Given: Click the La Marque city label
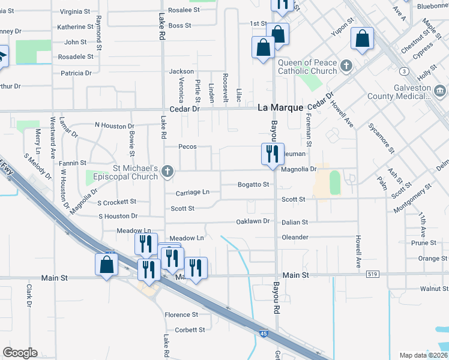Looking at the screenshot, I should [281, 108].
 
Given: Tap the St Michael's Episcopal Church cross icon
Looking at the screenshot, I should [167, 173].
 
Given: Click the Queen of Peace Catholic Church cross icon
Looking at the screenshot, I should [346, 65].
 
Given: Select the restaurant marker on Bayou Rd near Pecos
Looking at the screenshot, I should [273, 154].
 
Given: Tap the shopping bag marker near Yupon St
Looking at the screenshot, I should [363, 39].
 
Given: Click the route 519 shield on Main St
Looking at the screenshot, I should [373, 274].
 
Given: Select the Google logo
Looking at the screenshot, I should [20, 353].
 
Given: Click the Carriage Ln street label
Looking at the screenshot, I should [193, 193].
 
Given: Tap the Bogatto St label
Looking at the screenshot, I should [253, 184].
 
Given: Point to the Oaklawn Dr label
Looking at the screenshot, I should [253, 221].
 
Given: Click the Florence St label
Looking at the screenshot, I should [181, 315].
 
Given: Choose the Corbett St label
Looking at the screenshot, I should [190, 330].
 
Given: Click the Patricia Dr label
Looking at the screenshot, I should [76, 73].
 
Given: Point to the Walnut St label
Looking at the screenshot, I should [434, 289].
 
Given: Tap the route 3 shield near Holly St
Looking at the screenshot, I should [406, 71].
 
